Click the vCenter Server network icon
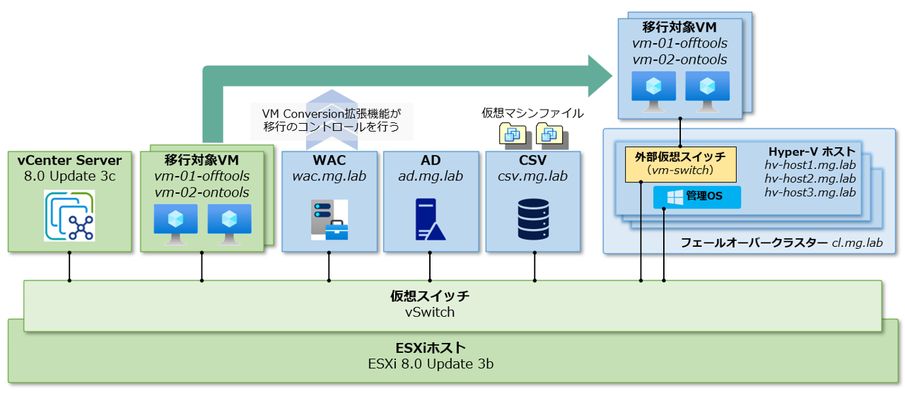69,216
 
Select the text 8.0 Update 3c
69,175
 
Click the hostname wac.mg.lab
329,176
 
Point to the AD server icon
430,219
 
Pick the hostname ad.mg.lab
430,176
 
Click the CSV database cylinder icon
533,219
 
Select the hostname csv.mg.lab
533,176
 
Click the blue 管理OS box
696,197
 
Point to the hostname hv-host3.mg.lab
810,192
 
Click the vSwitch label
431,312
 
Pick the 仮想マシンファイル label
532,113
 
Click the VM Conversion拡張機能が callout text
331,114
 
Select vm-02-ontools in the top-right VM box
679,59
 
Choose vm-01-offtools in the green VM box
202,176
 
